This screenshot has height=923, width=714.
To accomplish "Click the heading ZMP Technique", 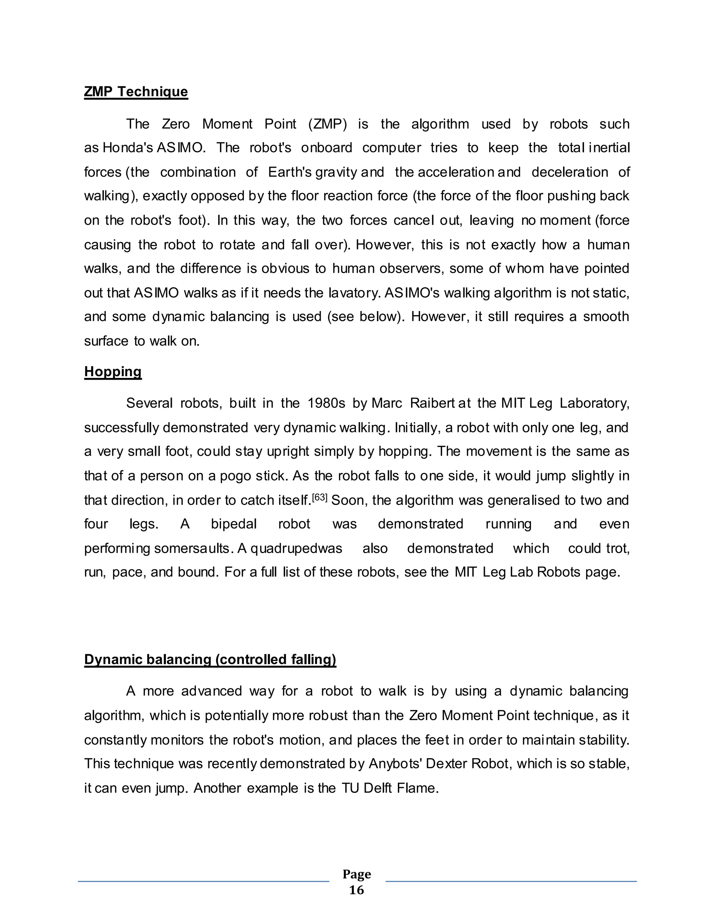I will click(x=136, y=91).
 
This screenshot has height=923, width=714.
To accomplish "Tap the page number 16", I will click(x=356, y=890).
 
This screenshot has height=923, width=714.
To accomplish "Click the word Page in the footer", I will click(x=357, y=874).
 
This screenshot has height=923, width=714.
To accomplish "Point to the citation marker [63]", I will click(x=319, y=498).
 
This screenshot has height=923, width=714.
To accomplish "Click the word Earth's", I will click(x=290, y=172).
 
